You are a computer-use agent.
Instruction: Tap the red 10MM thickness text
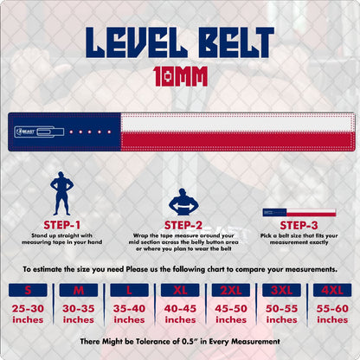180,77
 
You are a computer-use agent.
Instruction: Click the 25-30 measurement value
29,307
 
